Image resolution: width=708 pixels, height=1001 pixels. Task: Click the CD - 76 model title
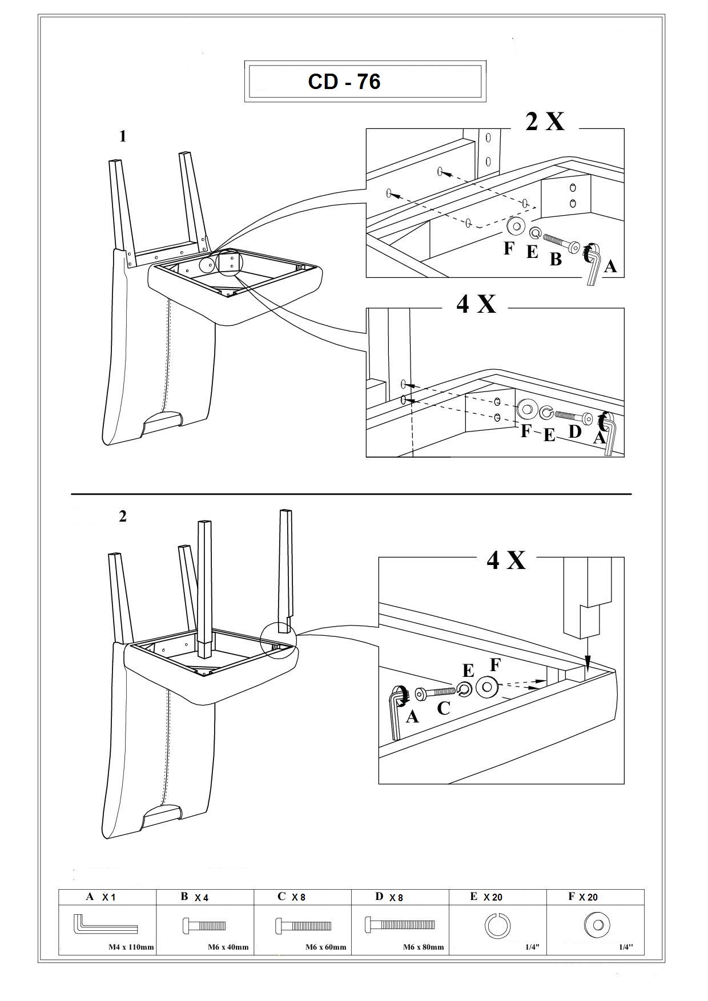point(344,82)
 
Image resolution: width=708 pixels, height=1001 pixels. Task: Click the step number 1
point(122,136)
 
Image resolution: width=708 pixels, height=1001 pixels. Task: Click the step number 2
point(122,516)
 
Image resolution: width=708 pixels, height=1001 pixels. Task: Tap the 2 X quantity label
point(545,121)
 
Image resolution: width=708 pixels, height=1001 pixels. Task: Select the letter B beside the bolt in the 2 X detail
point(556,259)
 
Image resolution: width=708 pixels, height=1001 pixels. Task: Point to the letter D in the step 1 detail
point(575,431)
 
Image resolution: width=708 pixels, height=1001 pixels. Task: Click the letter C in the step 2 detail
point(443,708)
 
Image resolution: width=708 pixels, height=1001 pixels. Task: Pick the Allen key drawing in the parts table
point(105,925)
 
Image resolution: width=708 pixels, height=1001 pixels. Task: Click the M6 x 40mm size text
point(228,947)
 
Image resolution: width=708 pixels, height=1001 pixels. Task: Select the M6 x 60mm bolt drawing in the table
point(303,925)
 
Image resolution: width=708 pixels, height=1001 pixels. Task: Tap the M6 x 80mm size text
point(423,947)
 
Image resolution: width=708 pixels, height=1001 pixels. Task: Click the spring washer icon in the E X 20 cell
point(497,925)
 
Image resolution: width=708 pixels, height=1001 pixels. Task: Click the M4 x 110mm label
point(131,947)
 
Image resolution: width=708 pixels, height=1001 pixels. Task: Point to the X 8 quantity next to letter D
point(396,898)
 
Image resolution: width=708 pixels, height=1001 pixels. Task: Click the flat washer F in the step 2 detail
point(487,687)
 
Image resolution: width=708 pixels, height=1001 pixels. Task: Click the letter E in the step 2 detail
point(468,671)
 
